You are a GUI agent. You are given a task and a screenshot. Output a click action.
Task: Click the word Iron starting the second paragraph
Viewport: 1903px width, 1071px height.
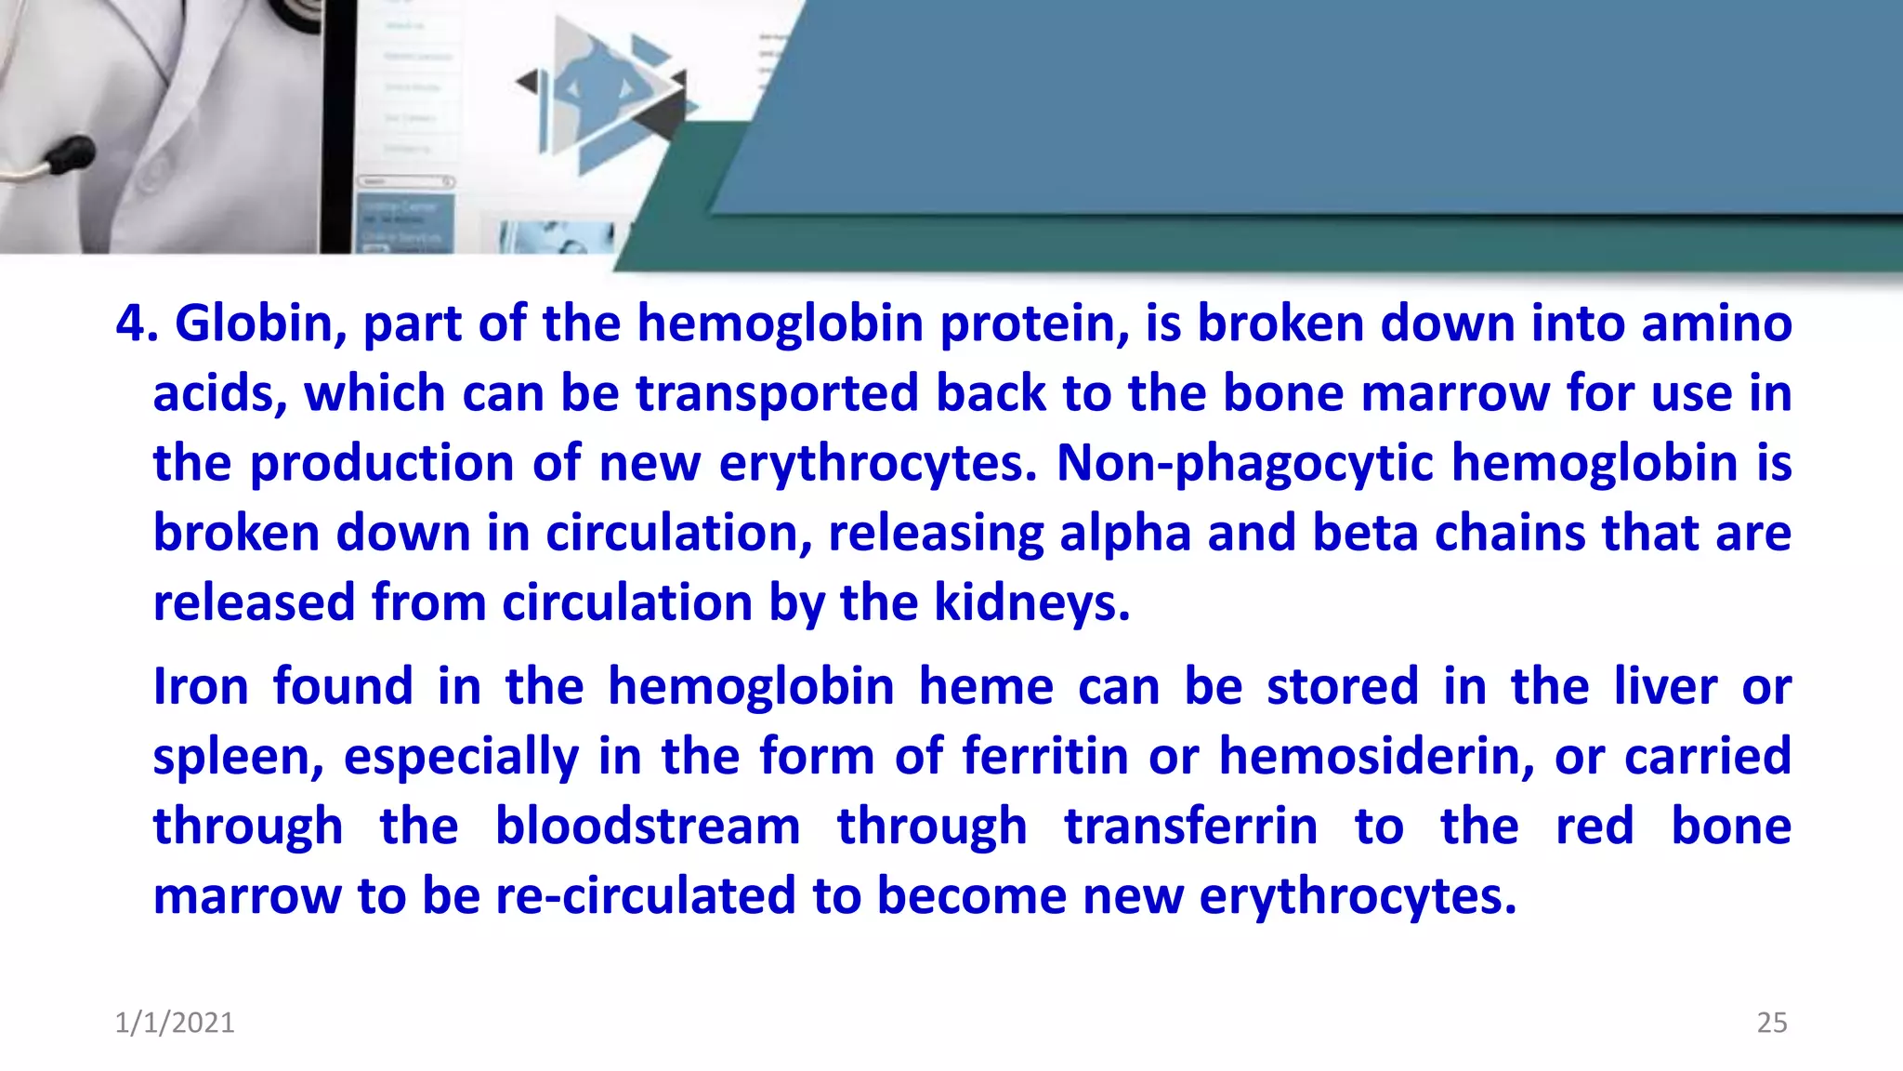click(201, 687)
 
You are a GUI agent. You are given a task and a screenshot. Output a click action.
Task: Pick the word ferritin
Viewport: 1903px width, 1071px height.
click(1044, 756)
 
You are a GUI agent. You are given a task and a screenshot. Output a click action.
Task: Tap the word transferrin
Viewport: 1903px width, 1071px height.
click(1190, 826)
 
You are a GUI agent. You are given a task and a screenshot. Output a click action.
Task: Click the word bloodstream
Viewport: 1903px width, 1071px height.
click(647, 826)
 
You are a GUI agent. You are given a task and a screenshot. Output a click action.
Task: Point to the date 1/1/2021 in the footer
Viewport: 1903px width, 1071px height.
click(175, 1023)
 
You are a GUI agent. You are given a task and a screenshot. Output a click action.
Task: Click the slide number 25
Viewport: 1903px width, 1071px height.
click(1771, 1023)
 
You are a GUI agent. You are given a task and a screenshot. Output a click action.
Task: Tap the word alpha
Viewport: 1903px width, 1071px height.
click(1124, 534)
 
